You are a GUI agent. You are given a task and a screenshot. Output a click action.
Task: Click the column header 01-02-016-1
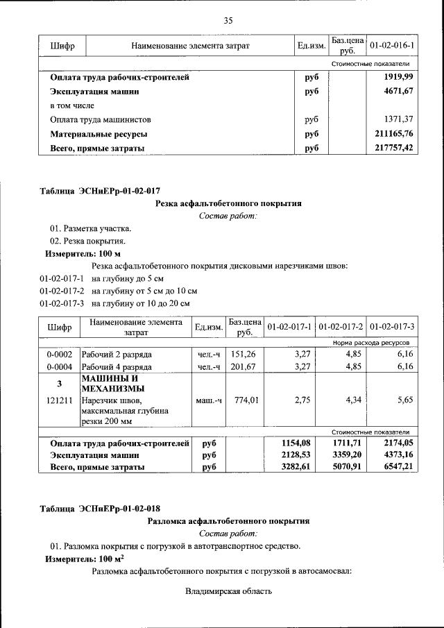[392, 46]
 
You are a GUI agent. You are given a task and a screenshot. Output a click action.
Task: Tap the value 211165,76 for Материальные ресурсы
[393, 133]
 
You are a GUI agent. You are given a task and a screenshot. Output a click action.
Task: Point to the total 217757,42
[393, 148]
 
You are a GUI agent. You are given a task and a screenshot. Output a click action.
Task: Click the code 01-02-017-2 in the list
[62, 291]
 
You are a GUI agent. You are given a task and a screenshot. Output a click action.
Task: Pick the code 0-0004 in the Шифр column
[59, 366]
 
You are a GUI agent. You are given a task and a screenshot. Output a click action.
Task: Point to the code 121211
[59, 400]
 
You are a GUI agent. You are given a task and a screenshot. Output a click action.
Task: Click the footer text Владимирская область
[228, 591]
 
